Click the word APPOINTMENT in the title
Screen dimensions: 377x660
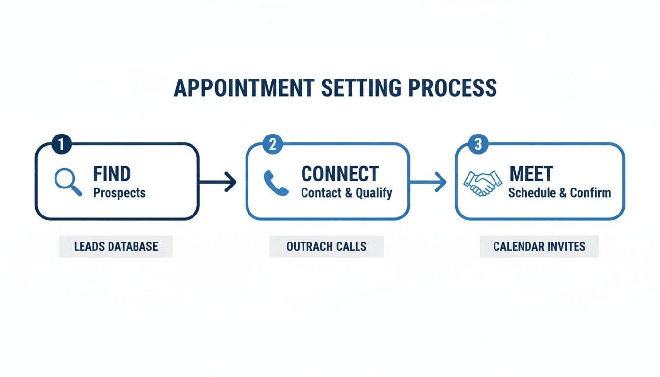244,87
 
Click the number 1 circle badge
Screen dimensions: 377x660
61,144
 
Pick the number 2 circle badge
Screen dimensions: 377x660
273,144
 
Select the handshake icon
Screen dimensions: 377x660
483,183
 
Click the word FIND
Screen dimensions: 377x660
112,174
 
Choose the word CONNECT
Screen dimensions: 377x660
340,174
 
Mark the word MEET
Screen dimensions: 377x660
531,174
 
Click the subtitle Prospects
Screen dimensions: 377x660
119,193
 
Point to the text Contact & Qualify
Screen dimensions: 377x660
346,193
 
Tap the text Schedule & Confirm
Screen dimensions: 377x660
559,193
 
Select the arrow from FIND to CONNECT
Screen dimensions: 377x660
218,182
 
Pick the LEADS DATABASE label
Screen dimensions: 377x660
116,246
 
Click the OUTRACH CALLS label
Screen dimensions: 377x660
326,246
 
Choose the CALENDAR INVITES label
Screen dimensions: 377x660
539,246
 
